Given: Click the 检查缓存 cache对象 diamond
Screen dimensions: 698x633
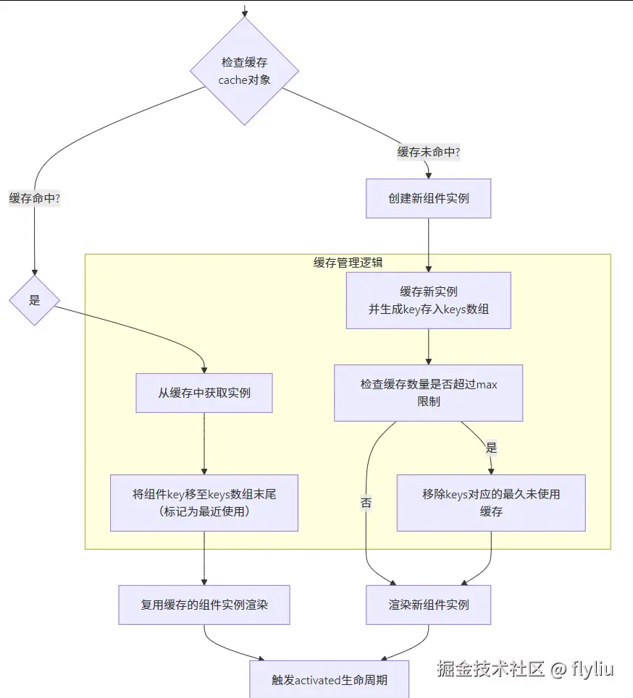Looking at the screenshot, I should [245, 71].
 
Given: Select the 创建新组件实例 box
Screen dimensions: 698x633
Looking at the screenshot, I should [428, 198].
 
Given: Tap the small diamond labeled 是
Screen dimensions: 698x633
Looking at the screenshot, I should [34, 300].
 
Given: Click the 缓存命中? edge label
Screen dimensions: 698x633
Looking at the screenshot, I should [34, 198].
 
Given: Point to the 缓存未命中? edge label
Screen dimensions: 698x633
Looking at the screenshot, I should [429, 152].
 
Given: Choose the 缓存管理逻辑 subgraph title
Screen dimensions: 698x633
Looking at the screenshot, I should [348, 263].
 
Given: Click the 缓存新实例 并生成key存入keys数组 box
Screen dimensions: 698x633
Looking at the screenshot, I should [428, 300].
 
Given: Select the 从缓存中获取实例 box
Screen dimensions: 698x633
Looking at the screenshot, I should [204, 393].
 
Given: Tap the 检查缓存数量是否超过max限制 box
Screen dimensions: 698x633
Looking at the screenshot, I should [428, 393].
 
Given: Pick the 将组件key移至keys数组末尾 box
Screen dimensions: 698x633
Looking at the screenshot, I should [204, 503].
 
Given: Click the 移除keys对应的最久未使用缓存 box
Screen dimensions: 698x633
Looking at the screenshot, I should [491, 503].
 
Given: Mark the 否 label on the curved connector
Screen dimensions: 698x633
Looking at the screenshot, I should [366, 503].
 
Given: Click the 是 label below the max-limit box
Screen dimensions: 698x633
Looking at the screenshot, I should [491, 448].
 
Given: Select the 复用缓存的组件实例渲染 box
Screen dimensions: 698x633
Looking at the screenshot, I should [204, 605].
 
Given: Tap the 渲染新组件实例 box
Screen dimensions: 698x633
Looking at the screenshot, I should [428, 605].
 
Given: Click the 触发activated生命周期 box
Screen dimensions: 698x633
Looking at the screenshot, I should [330, 679].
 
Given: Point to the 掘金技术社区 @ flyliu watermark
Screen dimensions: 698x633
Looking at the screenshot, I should [524, 668].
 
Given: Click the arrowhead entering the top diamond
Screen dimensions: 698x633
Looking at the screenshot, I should [245, 12].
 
